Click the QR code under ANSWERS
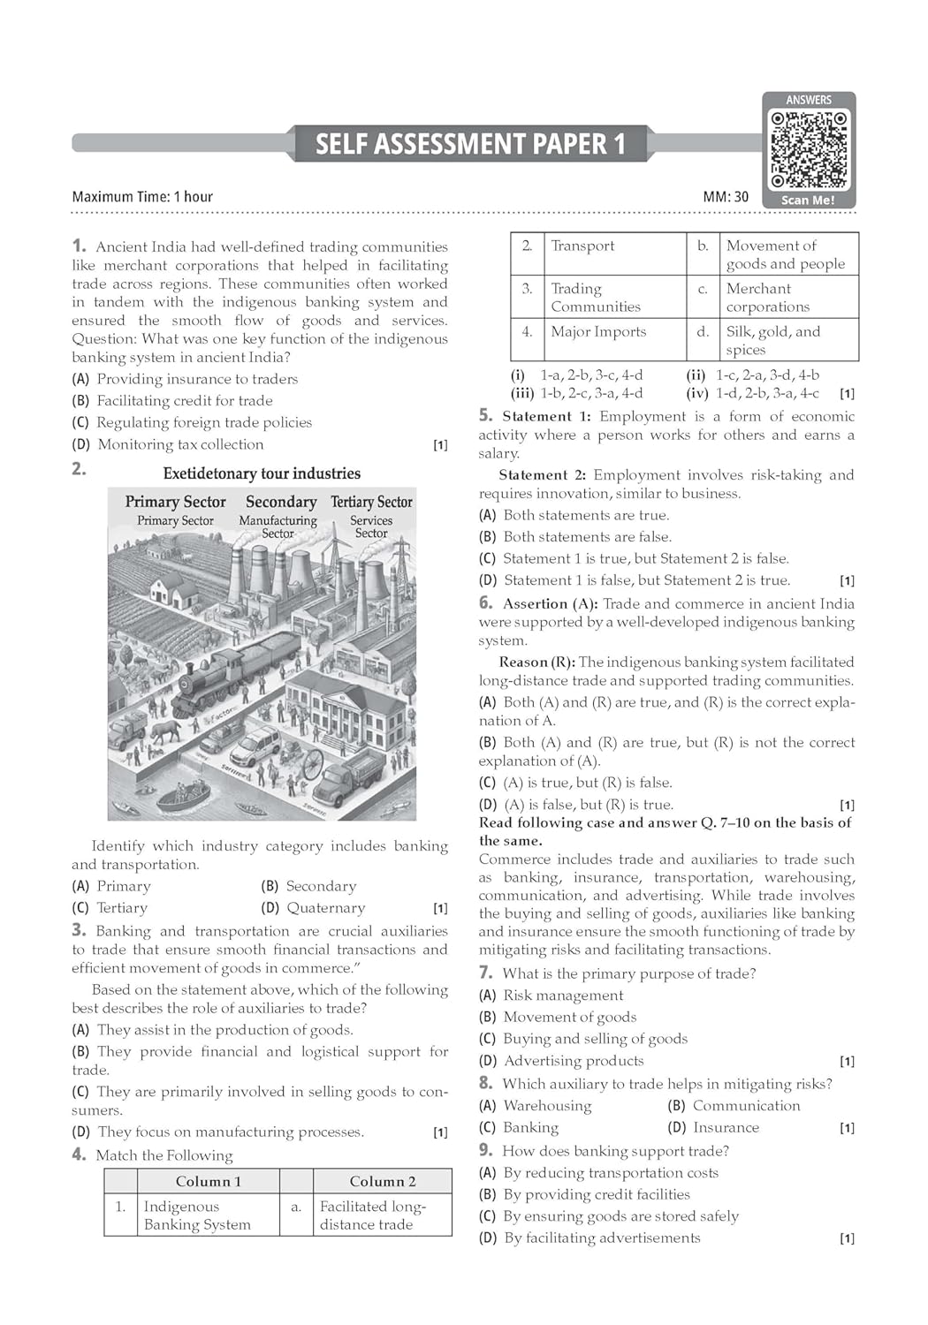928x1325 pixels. coord(809,149)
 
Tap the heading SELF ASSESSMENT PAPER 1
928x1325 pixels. coord(470,144)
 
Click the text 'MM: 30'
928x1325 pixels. coord(726,197)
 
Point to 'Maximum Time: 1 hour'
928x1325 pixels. coord(142,197)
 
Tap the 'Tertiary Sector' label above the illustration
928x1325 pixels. coord(371,502)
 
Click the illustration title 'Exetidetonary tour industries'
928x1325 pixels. coord(262,473)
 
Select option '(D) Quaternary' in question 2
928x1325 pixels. coord(313,908)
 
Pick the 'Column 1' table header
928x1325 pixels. coord(208,1181)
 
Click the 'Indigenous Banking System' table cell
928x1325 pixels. coord(197,1215)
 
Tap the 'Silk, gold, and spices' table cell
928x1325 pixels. coord(773,340)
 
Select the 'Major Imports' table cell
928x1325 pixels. coord(598,331)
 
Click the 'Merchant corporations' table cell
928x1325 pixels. coord(767,298)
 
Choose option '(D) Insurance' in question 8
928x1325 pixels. coord(713,1127)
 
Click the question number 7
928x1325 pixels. coord(485,973)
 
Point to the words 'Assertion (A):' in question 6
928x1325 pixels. coord(550,603)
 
